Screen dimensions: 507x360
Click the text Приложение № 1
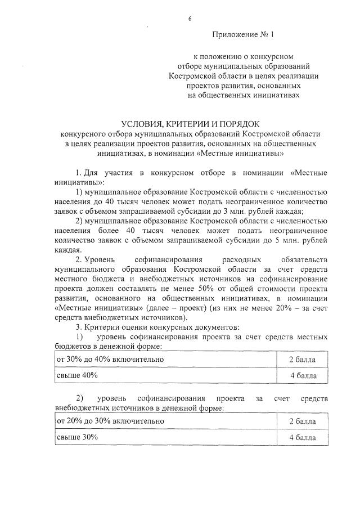(242, 35)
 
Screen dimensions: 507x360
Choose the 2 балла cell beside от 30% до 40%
(302, 359)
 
